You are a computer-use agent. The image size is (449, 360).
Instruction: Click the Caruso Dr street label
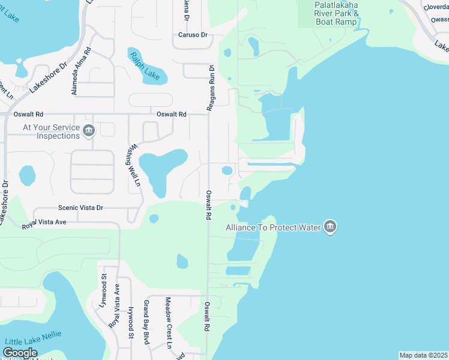192,35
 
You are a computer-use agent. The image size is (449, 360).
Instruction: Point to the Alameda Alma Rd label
81,71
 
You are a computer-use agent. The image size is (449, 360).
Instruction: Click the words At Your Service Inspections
50,131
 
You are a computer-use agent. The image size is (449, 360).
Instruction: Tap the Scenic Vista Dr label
80,208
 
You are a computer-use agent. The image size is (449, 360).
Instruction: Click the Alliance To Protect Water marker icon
330,227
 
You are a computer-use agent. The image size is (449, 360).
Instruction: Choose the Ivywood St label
131,324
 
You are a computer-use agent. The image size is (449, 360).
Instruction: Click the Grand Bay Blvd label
146,322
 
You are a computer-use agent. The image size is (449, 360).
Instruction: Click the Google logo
20,353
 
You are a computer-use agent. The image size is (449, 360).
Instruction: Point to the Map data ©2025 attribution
423,355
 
